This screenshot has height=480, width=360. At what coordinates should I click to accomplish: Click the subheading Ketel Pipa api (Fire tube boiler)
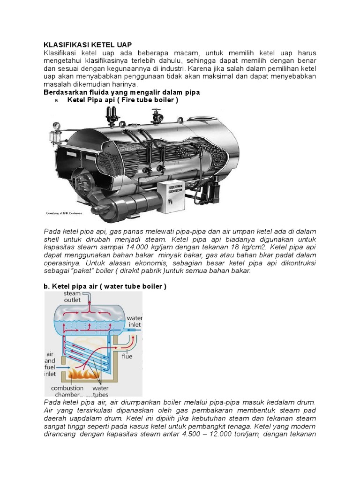(123, 100)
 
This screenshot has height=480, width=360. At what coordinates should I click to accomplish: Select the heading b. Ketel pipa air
(105, 286)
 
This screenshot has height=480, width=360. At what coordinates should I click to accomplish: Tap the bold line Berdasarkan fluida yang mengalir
(121, 92)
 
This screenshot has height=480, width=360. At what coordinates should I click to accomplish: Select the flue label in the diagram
(127, 356)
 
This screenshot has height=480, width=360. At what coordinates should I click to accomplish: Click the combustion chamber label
(67, 391)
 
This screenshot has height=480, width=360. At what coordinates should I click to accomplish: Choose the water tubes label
(100, 391)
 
